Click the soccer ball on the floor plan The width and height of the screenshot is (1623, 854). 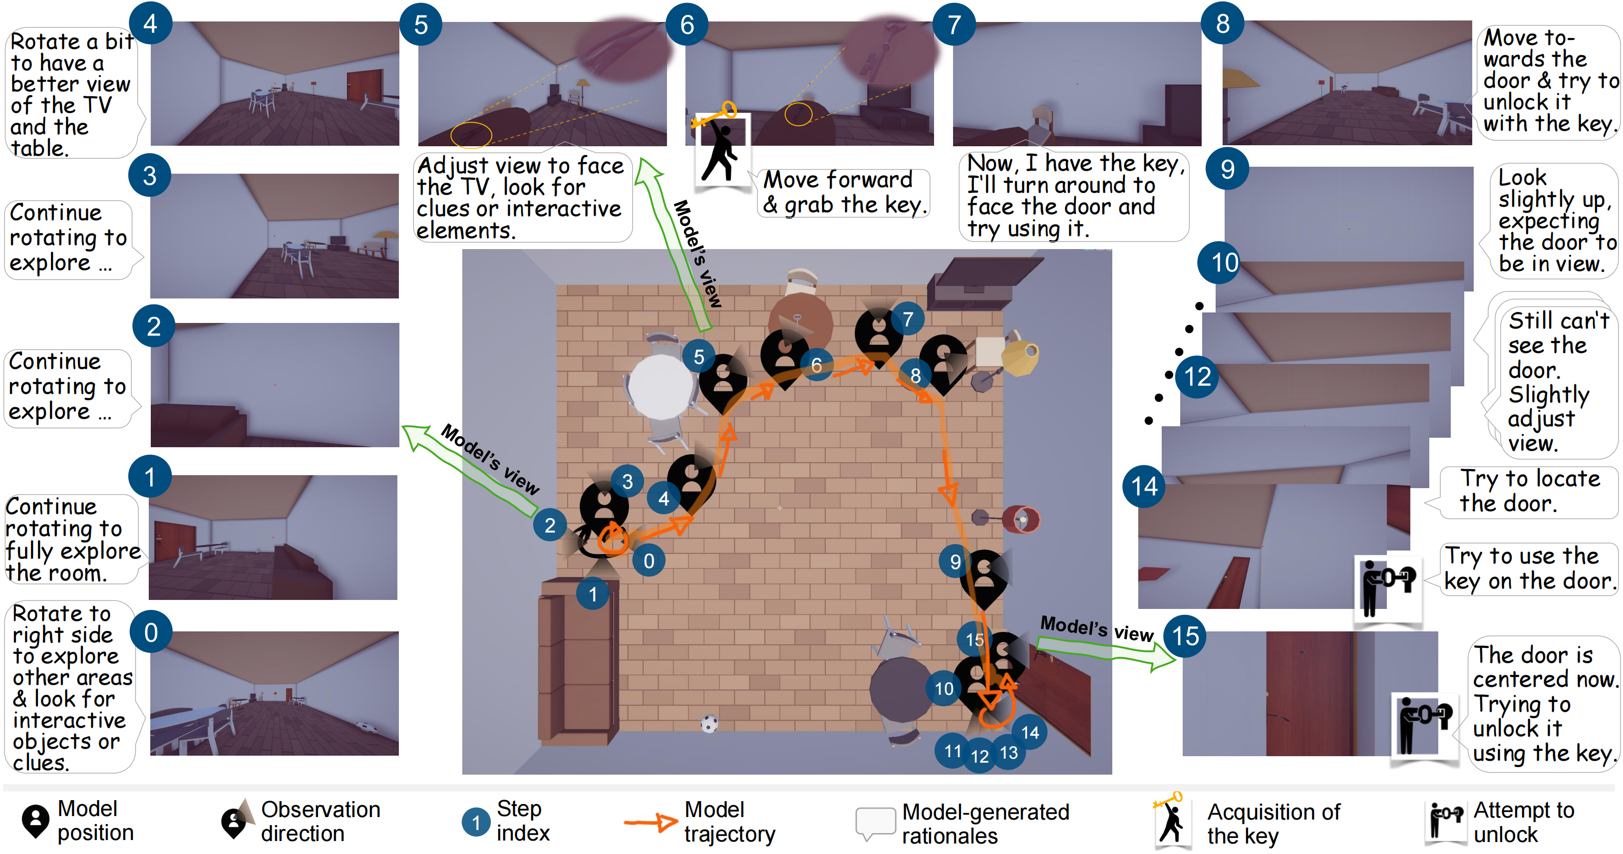[709, 723]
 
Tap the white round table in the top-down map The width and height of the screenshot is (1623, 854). [661, 386]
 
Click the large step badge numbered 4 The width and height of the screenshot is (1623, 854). [150, 23]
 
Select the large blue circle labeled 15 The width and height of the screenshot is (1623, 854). [1185, 636]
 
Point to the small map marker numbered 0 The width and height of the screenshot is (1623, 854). [649, 561]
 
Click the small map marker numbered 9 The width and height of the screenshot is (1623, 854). [955, 561]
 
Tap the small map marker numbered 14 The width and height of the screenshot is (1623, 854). [1030, 732]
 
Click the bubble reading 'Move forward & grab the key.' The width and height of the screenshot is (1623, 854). [843, 192]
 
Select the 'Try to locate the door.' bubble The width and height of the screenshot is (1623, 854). [1530, 491]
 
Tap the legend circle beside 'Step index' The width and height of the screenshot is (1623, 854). [476, 822]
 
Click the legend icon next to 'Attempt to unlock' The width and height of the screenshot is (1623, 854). [1445, 821]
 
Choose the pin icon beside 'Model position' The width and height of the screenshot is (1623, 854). [35, 821]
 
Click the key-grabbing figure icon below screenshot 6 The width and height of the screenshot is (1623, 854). [721, 149]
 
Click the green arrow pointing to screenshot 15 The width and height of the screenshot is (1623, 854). [1106, 652]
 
